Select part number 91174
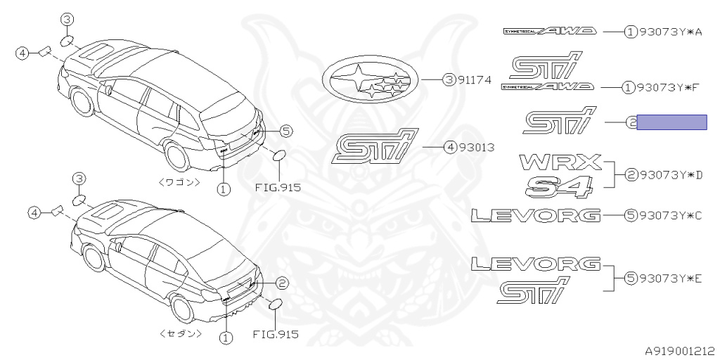(476, 81)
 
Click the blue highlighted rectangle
(671, 122)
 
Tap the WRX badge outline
(561, 162)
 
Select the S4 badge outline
(559, 186)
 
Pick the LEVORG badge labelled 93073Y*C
(536, 215)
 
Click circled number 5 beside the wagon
(285, 130)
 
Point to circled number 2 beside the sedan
(281, 283)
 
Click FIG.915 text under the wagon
(276, 188)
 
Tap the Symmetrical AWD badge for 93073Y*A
(549, 32)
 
